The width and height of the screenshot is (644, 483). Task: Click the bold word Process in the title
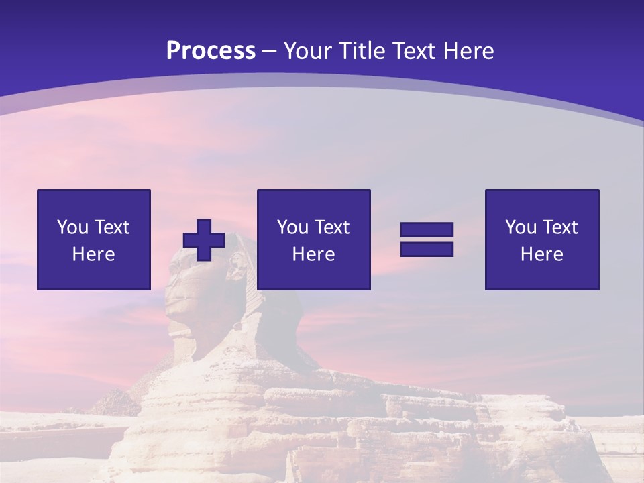coord(211,51)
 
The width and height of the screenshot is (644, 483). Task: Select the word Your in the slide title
coord(308,51)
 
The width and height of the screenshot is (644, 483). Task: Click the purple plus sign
coord(204,239)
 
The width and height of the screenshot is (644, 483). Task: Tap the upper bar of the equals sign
coord(427,230)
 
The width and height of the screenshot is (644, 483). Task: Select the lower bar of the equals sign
coord(427,249)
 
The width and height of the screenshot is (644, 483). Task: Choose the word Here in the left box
coord(93,254)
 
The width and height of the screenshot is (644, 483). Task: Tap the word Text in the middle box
coord(331,227)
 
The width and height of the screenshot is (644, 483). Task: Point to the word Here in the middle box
coord(313,254)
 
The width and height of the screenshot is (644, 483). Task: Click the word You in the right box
coord(521,227)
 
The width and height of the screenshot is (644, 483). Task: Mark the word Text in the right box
coord(559,227)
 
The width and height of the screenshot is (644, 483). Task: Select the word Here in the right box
coord(541,254)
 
